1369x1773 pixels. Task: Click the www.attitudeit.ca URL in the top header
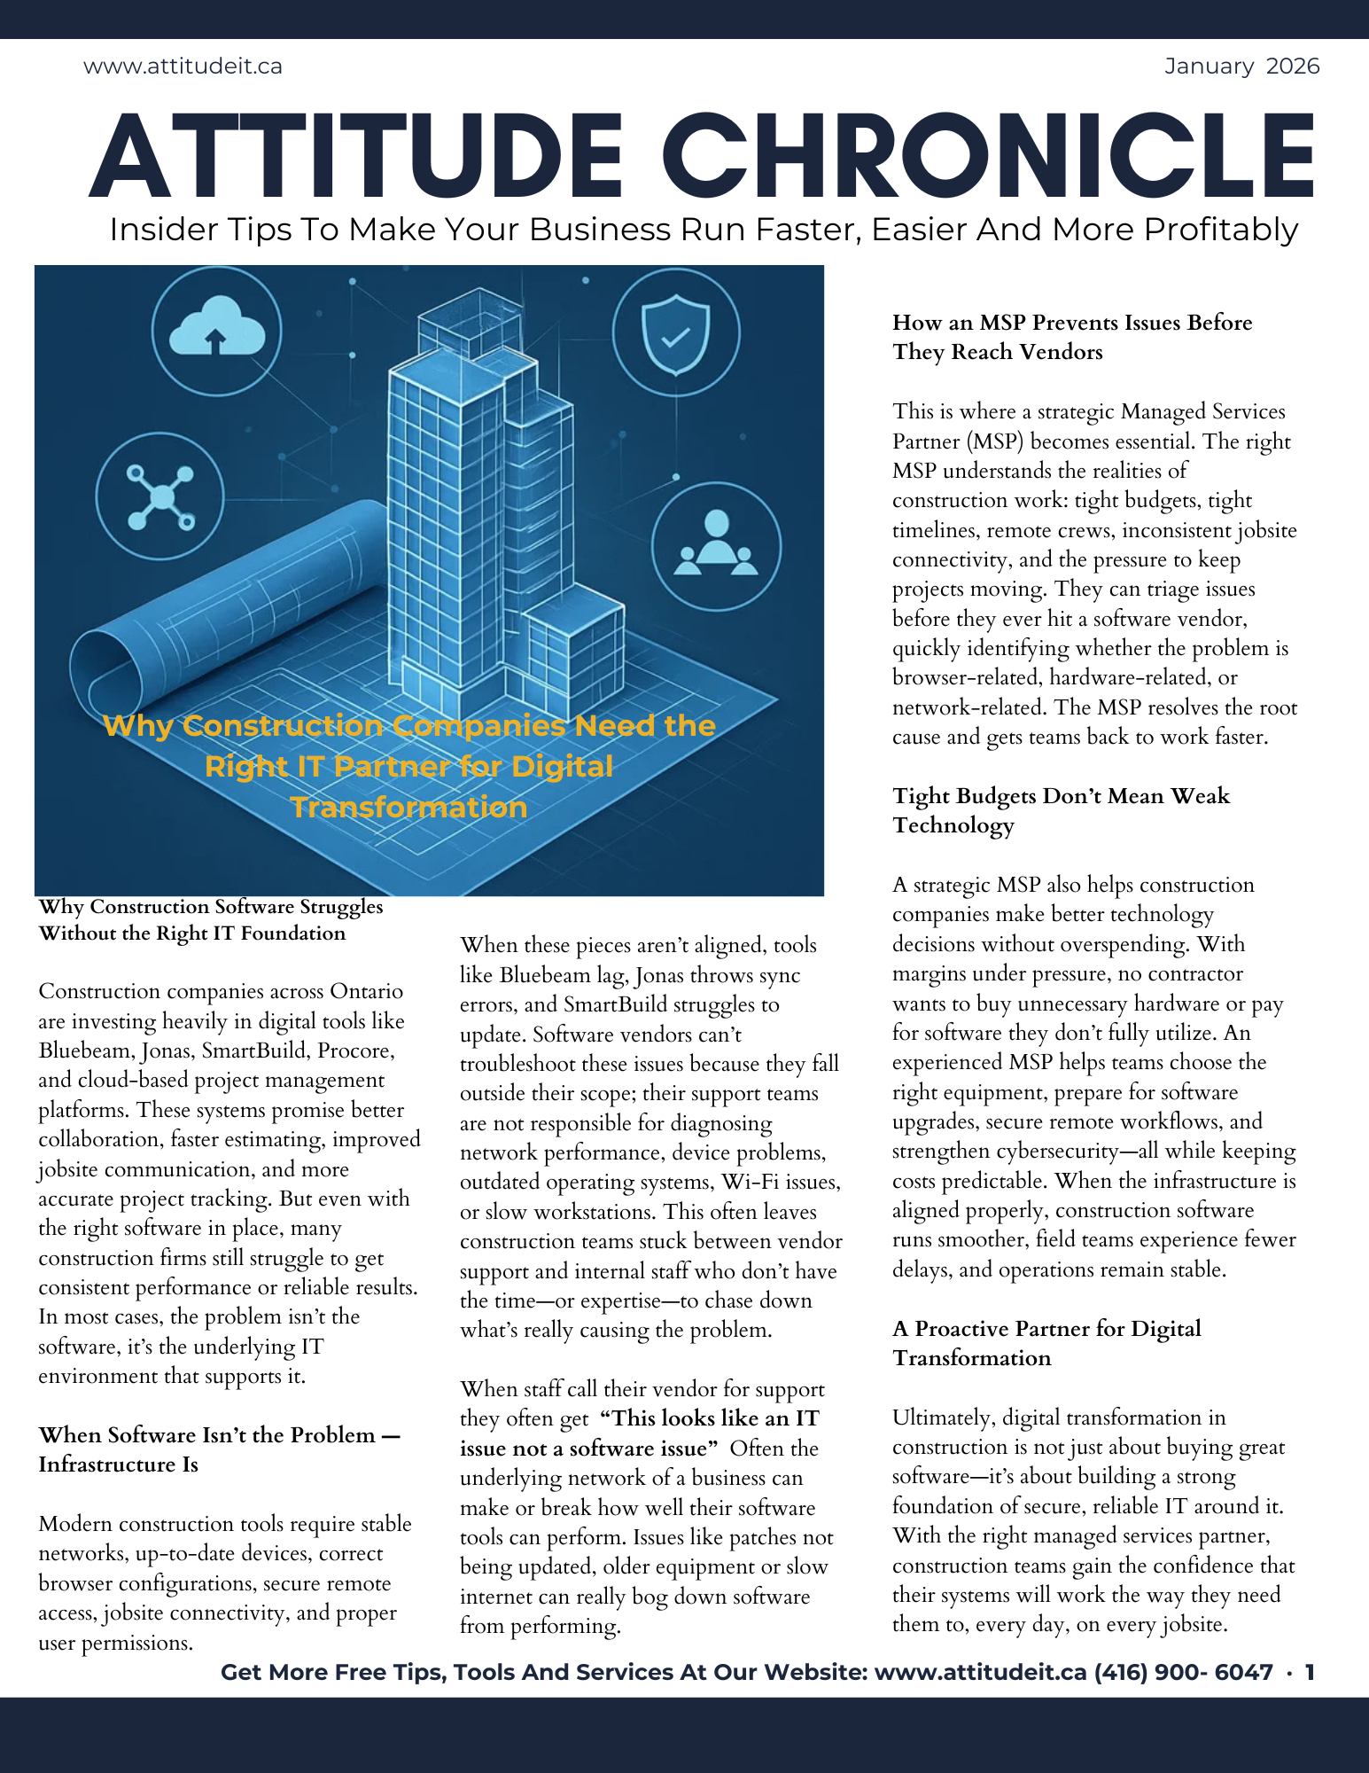pos(183,66)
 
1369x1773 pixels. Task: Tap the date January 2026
pos(1241,66)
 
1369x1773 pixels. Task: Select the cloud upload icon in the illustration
pos(216,331)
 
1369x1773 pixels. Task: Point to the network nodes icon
pos(160,496)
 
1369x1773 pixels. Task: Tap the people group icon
pos(716,546)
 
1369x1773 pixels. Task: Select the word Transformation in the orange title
pos(408,807)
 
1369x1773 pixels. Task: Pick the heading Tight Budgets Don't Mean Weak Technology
pos(1060,810)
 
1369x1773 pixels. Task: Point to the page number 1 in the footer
pos(1310,1672)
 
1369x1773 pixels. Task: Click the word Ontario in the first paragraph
pos(367,991)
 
